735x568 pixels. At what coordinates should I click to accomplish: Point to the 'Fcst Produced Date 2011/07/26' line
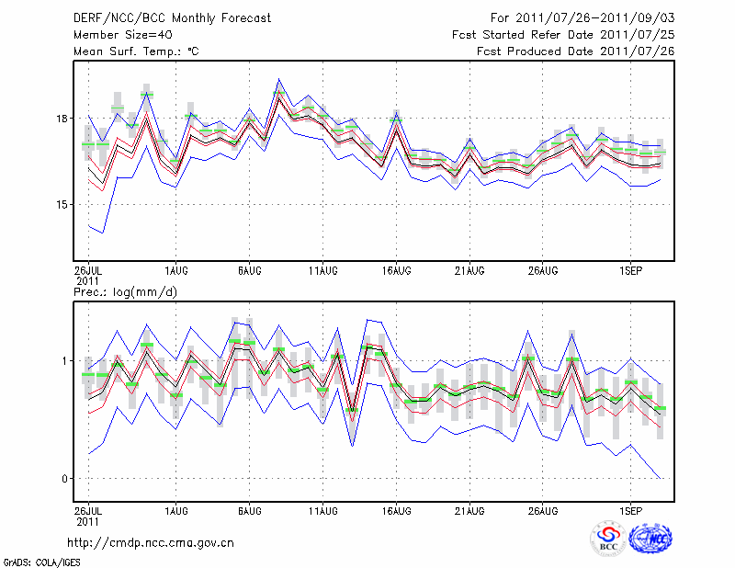576,51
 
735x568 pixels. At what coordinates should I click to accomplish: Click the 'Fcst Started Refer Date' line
564,34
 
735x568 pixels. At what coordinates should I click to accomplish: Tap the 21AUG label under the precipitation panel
469,508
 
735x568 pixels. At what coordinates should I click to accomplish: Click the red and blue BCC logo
608,539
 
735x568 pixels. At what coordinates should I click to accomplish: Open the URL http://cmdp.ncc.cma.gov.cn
151,542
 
